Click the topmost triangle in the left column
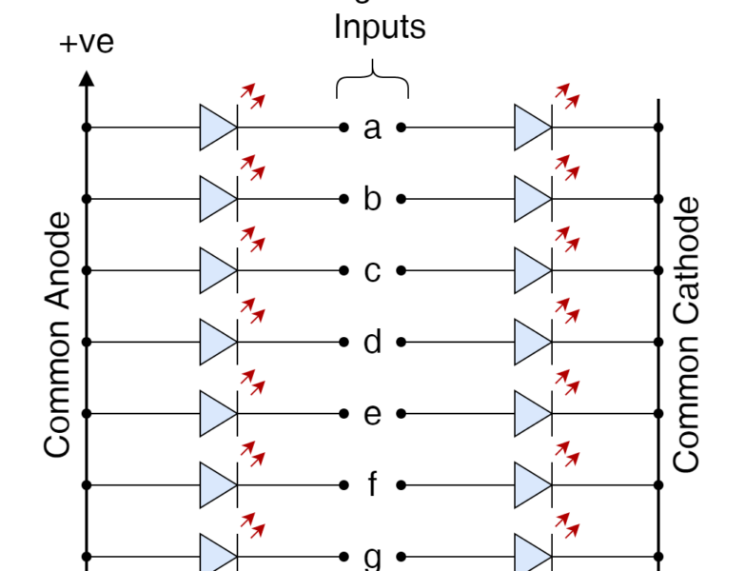point(215,128)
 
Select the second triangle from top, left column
point(215,199)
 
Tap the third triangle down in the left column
point(215,270)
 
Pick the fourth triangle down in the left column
point(215,342)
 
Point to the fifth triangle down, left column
point(215,414)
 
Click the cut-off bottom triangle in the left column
point(215,555)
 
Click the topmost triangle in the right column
point(530,128)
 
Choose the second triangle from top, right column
point(530,199)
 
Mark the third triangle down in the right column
point(530,270)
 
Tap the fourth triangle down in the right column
point(530,342)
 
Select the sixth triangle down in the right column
point(530,485)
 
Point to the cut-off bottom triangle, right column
point(530,555)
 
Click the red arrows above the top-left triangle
point(252,96)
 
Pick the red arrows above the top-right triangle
point(567,96)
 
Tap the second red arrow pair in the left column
point(252,167)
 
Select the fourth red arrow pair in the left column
point(252,310)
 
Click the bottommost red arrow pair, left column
point(252,525)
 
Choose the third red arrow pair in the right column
point(567,239)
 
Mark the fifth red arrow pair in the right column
point(567,382)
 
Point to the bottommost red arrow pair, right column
point(567,525)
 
